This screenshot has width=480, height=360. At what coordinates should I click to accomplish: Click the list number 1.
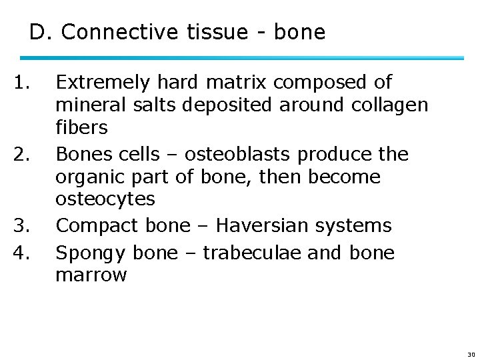(23, 82)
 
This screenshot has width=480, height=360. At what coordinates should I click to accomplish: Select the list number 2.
(23, 155)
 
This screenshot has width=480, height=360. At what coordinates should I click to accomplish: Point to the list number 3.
(23, 226)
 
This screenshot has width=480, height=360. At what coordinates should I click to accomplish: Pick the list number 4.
(23, 253)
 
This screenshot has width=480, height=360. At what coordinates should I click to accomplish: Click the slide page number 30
(471, 355)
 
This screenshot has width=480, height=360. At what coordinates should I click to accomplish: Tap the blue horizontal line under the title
(247, 59)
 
